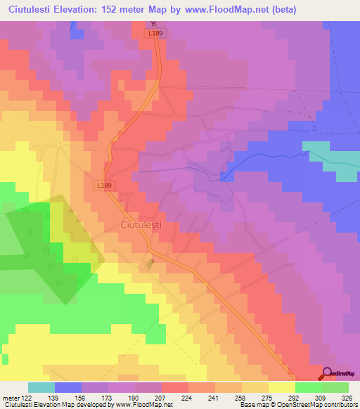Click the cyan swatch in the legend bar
41,387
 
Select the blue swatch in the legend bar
68,387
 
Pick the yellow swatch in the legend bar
282,387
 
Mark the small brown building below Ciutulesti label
149,264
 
